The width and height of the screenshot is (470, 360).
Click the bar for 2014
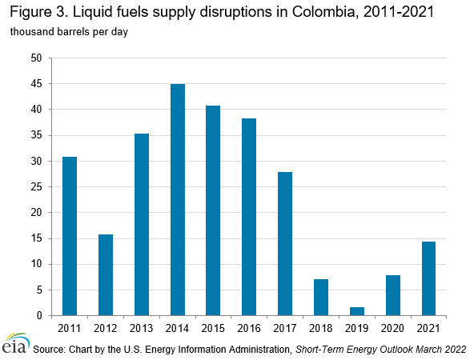tap(178, 200)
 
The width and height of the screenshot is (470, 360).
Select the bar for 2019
tap(357, 311)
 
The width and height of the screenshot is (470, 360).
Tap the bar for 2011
tap(70, 236)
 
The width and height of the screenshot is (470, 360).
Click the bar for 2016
tap(249, 217)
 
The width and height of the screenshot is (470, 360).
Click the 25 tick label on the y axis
tap(37, 187)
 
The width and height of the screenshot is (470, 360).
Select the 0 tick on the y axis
tap(39, 316)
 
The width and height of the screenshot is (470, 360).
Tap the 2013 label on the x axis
tap(142, 327)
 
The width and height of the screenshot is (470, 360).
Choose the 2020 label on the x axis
tap(392, 327)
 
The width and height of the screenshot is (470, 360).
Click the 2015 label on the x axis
tap(213, 327)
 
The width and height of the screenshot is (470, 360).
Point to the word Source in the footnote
tap(49, 350)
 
